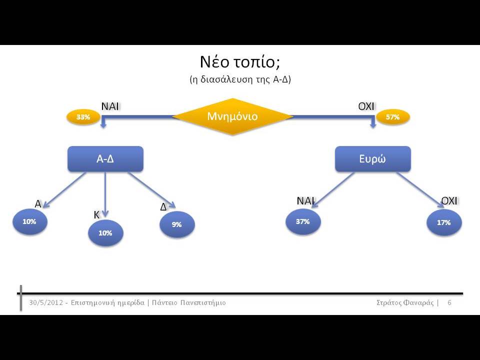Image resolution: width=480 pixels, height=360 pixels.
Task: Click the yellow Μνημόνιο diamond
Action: click(232, 116)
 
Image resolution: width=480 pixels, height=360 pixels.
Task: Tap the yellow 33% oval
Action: click(83, 117)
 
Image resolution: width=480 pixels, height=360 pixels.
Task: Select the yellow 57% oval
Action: click(393, 117)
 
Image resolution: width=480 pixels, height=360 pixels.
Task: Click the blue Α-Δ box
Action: click(105, 159)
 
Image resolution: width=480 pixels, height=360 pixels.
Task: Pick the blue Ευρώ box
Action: click(373, 159)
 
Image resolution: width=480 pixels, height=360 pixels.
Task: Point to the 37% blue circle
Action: click(303, 221)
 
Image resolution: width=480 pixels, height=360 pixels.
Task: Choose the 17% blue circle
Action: click(444, 222)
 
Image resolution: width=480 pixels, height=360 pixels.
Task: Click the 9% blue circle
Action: click(177, 224)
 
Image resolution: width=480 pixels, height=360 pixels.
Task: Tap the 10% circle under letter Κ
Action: click(105, 233)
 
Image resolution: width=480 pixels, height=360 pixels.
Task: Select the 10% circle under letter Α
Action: click(29, 221)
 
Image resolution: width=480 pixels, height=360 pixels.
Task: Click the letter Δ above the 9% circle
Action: click(163, 207)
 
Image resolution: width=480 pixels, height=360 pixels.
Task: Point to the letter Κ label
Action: click(96, 215)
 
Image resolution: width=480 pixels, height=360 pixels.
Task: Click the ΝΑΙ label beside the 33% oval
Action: click(110, 106)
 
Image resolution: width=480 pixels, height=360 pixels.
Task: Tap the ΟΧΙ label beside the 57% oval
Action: click(366, 106)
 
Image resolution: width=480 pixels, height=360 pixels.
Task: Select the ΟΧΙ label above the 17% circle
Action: click(449, 201)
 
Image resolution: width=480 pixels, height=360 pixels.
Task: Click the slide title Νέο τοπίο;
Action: click(240, 62)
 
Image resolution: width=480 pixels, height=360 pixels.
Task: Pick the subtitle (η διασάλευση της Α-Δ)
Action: click(240, 79)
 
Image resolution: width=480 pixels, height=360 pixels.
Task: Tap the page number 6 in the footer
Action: click(449, 303)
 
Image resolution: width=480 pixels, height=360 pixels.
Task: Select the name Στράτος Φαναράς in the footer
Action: click(405, 303)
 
